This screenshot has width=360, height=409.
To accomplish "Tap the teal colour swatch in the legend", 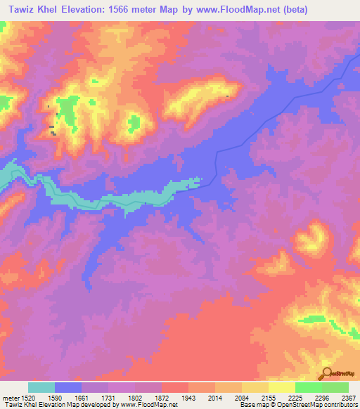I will [x=41, y=387].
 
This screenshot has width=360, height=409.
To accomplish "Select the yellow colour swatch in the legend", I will [x=281, y=387].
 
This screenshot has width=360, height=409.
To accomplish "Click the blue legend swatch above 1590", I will [x=68, y=387].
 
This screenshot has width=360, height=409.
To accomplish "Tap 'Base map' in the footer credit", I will [x=251, y=405].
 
